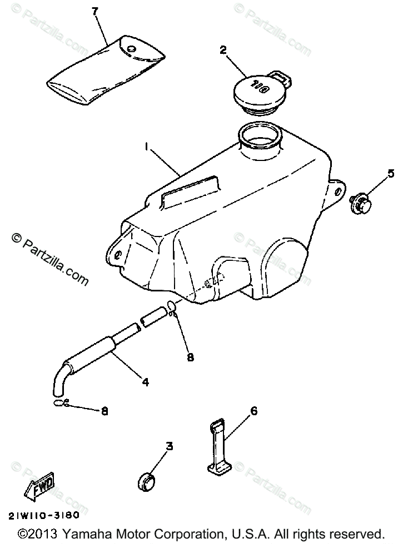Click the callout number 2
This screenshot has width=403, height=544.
click(x=223, y=51)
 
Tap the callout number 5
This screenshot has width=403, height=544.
click(x=391, y=173)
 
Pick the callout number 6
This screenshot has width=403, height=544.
click(x=253, y=411)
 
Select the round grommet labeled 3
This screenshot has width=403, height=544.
click(x=146, y=481)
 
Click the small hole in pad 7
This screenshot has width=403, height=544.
click(x=132, y=49)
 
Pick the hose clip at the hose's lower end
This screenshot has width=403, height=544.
click(x=61, y=403)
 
